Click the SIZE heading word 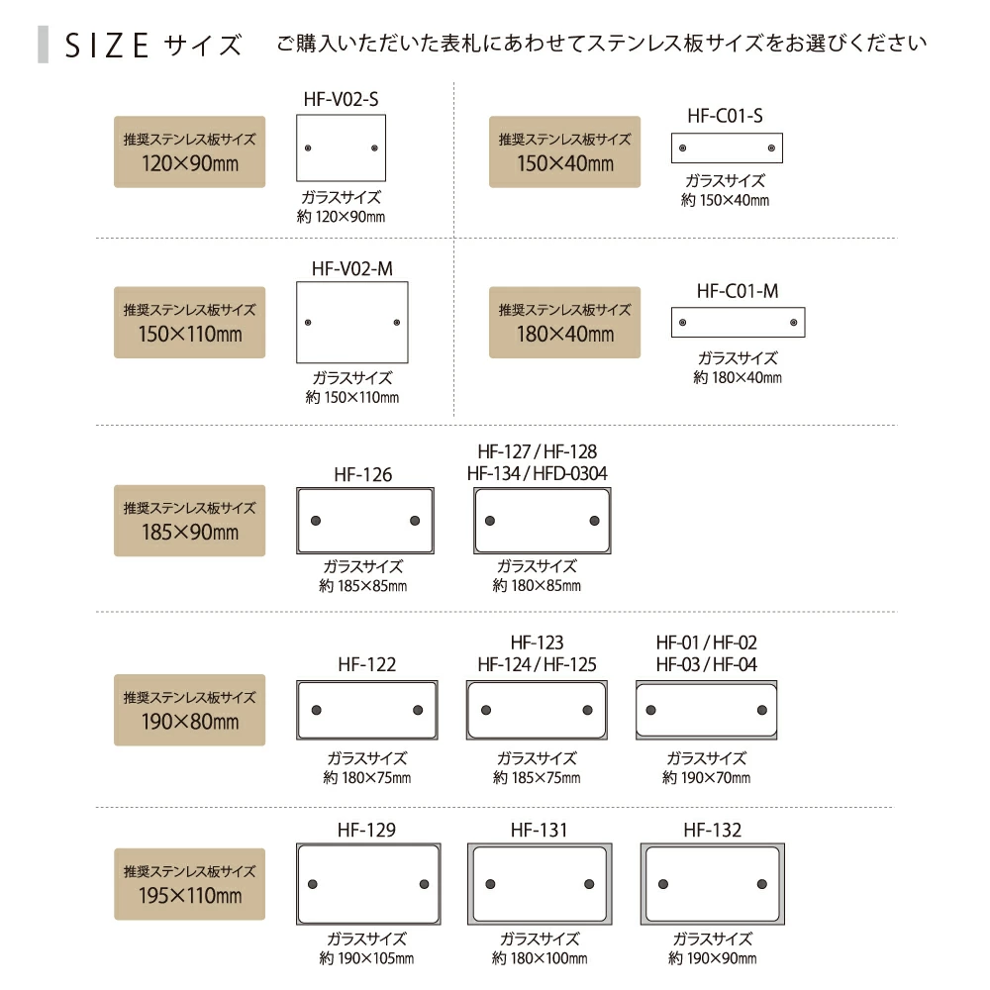coord(107,46)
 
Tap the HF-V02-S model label coord(341,99)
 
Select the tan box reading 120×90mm coord(189,151)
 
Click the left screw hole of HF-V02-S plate coord(308,148)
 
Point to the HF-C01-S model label coord(725,116)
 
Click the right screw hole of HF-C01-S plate coord(771,148)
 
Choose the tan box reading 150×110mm coord(189,322)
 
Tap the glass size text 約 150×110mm coord(352,397)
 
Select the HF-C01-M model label coord(738,291)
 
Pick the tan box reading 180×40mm coord(564,322)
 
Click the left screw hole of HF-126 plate coord(316,521)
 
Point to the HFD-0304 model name coord(570,473)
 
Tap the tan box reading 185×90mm coord(189,521)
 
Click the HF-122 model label coord(367,664)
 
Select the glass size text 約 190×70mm coord(707,777)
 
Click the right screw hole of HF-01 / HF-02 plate coord(762,710)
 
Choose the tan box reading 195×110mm coord(189,884)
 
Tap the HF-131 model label coord(540,830)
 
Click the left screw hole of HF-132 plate coord(663,884)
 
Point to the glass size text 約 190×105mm coord(367,957)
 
